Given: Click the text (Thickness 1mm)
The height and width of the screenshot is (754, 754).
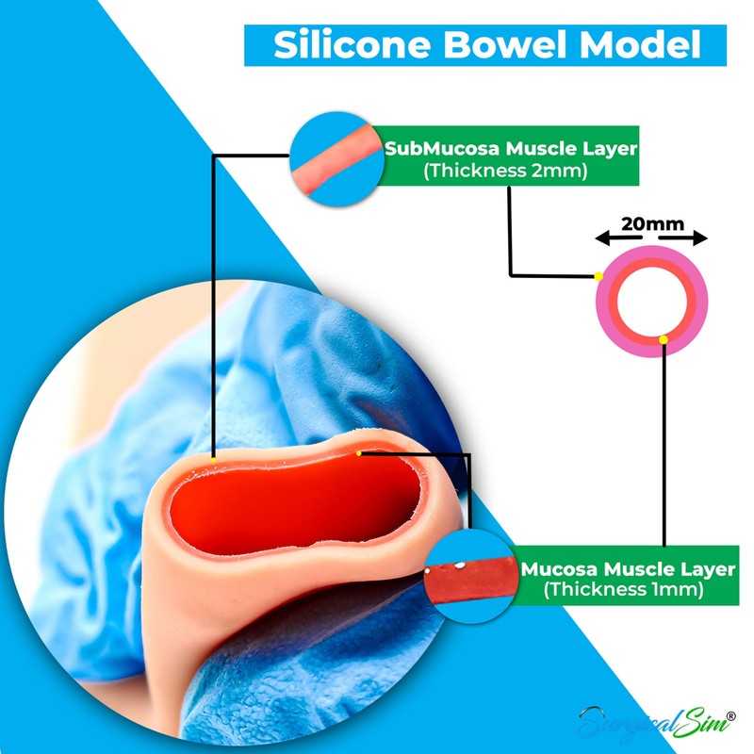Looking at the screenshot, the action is point(625,591).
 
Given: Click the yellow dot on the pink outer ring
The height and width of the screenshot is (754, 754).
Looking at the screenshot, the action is point(598,276).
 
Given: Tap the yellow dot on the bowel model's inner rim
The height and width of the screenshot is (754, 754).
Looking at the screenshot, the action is point(359,453).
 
